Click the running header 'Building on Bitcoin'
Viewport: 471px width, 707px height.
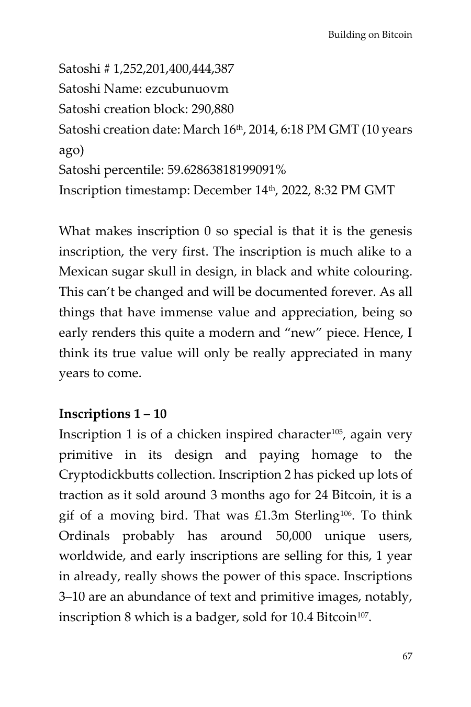[370, 35]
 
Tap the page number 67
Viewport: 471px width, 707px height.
[407, 656]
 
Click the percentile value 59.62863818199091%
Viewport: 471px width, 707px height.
[227, 170]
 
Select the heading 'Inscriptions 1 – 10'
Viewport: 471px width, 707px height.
[113, 414]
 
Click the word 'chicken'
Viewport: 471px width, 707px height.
[198, 434]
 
